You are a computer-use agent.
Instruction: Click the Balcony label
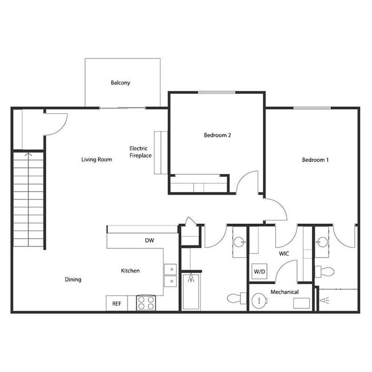pos(120,83)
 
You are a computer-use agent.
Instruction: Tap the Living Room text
pos(96,160)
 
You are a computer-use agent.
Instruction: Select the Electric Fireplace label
pos(140,152)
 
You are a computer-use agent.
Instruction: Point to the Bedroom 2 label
pos(217,136)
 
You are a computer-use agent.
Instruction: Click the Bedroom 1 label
pos(315,160)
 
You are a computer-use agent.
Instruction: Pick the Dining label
pos(73,280)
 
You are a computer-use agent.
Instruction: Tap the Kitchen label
pos(130,271)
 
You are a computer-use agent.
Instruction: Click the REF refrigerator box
pos(117,303)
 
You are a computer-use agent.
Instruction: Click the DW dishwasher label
pos(149,241)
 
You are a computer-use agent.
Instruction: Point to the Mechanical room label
pos(284,292)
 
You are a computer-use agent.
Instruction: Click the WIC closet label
pos(283,252)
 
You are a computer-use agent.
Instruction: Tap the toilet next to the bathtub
pos(235,298)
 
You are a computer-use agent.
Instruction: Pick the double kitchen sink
pos(170,274)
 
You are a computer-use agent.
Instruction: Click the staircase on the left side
pos(29,200)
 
